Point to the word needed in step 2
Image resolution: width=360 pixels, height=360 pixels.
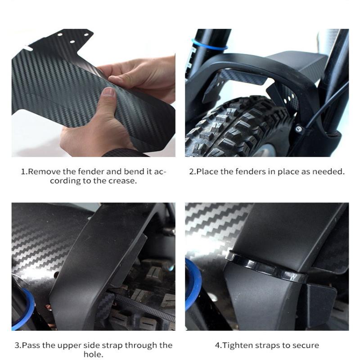[328, 171]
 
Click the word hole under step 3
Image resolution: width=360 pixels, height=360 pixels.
[93, 354]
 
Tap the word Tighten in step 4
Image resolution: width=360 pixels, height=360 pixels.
[238, 345]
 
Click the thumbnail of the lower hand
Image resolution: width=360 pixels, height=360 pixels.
[108, 92]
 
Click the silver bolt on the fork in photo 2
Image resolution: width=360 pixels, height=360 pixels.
[298, 129]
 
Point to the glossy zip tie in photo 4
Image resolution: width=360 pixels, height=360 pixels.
[266, 266]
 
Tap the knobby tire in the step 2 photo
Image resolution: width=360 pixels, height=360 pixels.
[237, 129]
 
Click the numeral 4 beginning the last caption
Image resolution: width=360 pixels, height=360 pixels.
[217, 346]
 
